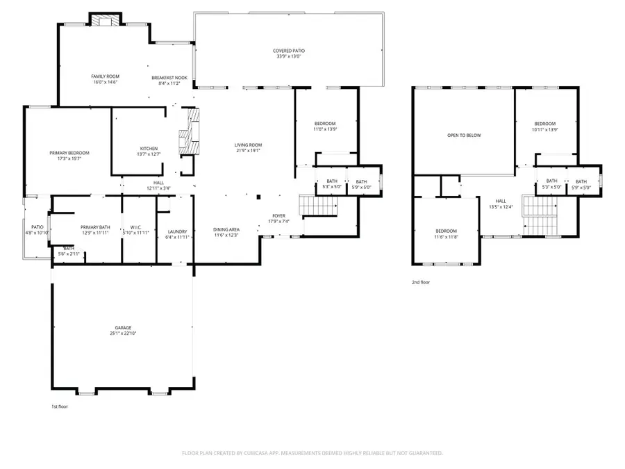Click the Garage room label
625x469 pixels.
click(123, 327)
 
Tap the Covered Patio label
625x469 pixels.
click(289, 51)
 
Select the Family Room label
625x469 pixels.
click(104, 76)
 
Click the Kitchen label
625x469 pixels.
click(149, 149)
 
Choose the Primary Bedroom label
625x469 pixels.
click(69, 153)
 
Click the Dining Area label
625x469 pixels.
click(226, 229)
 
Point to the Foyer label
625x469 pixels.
click(278, 215)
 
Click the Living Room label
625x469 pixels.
click(249, 145)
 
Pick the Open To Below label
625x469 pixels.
click(464, 135)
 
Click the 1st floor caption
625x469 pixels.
click(60, 406)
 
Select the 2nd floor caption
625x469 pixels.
click(422, 283)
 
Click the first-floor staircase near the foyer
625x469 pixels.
click(318, 206)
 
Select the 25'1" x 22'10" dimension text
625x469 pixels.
click(123, 334)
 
